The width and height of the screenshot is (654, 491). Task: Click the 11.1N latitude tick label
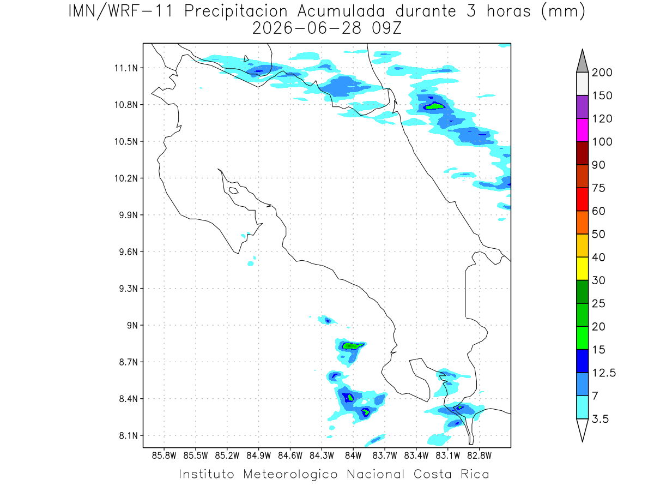pos(126,68)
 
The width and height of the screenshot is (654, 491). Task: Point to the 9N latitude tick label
pos(132,325)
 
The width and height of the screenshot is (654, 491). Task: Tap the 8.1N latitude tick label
pos(129,435)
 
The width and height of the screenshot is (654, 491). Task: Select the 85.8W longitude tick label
pos(164,456)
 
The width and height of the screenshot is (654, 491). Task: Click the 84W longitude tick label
pos(353,456)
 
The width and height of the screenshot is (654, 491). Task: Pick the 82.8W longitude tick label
pos(479,456)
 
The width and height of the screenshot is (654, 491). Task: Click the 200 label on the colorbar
pos(602,73)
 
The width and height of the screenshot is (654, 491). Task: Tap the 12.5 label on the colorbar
pos(604,373)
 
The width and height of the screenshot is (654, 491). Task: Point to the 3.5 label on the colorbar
pos(600,419)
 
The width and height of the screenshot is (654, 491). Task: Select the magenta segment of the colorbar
pos(582,130)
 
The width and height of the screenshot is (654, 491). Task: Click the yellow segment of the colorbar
pos(582,268)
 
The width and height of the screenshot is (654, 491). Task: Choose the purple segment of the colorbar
pos(582,107)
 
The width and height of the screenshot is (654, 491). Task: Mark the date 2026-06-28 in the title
pos(307,28)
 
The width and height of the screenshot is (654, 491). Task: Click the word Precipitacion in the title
pos(235,11)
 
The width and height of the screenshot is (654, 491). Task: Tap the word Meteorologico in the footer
pos(290,474)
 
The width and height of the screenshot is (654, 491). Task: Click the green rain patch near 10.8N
pos(435,106)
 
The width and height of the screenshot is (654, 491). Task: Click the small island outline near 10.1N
pos(234,190)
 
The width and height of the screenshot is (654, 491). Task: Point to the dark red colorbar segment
pos(582,153)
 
